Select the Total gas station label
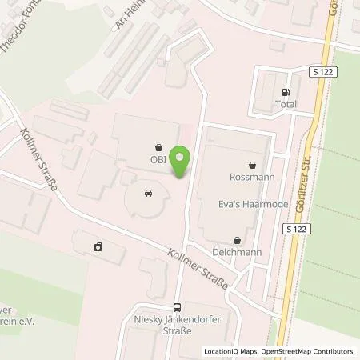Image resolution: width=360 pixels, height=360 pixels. [286, 104]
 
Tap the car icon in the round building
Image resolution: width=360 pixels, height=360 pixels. [148, 194]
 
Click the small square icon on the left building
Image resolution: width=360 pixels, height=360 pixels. [98, 246]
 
